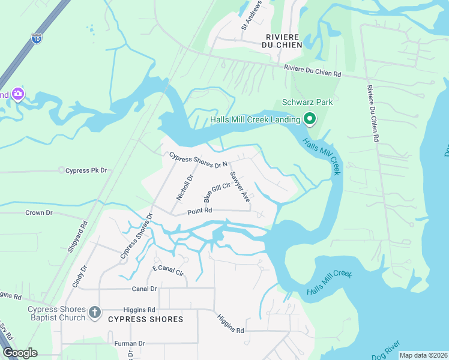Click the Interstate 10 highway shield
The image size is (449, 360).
[37, 38]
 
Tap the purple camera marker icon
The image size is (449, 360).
[17, 94]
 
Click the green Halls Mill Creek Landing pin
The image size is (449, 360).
[310, 119]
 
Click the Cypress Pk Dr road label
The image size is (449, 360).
[86, 171]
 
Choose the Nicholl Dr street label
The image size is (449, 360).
[184, 187]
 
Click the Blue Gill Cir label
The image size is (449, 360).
[217, 193]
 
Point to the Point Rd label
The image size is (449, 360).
[200, 211]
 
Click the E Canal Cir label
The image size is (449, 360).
[168, 271]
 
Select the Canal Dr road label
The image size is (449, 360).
[144, 289]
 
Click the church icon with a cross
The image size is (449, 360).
[94, 312]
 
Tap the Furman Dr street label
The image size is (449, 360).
[130, 344]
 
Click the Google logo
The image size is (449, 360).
[20, 353]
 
